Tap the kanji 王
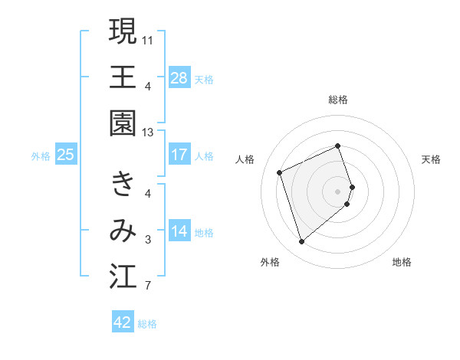[123, 77]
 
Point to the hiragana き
[123, 184]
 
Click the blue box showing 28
[179, 77]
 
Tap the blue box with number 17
[179, 155]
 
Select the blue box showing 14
[179, 231]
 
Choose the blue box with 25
[66, 155]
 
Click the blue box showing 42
[123, 322]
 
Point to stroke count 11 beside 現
[148, 39]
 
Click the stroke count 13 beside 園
[148, 133]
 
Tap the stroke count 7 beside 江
[148, 287]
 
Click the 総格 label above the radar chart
[338, 100]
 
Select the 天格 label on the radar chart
[432, 159]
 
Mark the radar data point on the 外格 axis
[301, 242]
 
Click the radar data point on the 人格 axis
[280, 172]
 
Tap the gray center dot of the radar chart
[338, 190]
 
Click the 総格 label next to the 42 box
[147, 323]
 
